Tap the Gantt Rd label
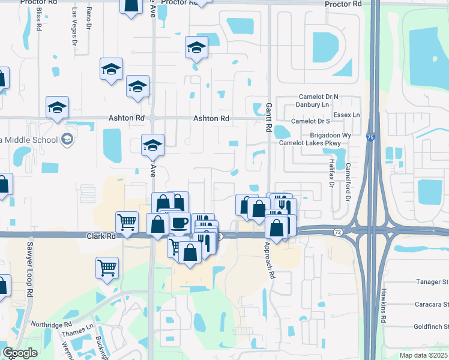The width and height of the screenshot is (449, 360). [x=268, y=117]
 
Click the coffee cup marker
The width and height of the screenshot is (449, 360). [x=179, y=223]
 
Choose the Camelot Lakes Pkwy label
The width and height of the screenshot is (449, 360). [x=310, y=143]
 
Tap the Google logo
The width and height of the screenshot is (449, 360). [x=20, y=353]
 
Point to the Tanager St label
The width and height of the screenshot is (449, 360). [x=432, y=281]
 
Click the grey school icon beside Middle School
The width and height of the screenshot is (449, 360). [x=67, y=140]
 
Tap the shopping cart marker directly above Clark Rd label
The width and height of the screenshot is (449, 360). [x=127, y=222]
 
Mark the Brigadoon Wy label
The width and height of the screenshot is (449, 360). [x=330, y=136]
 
